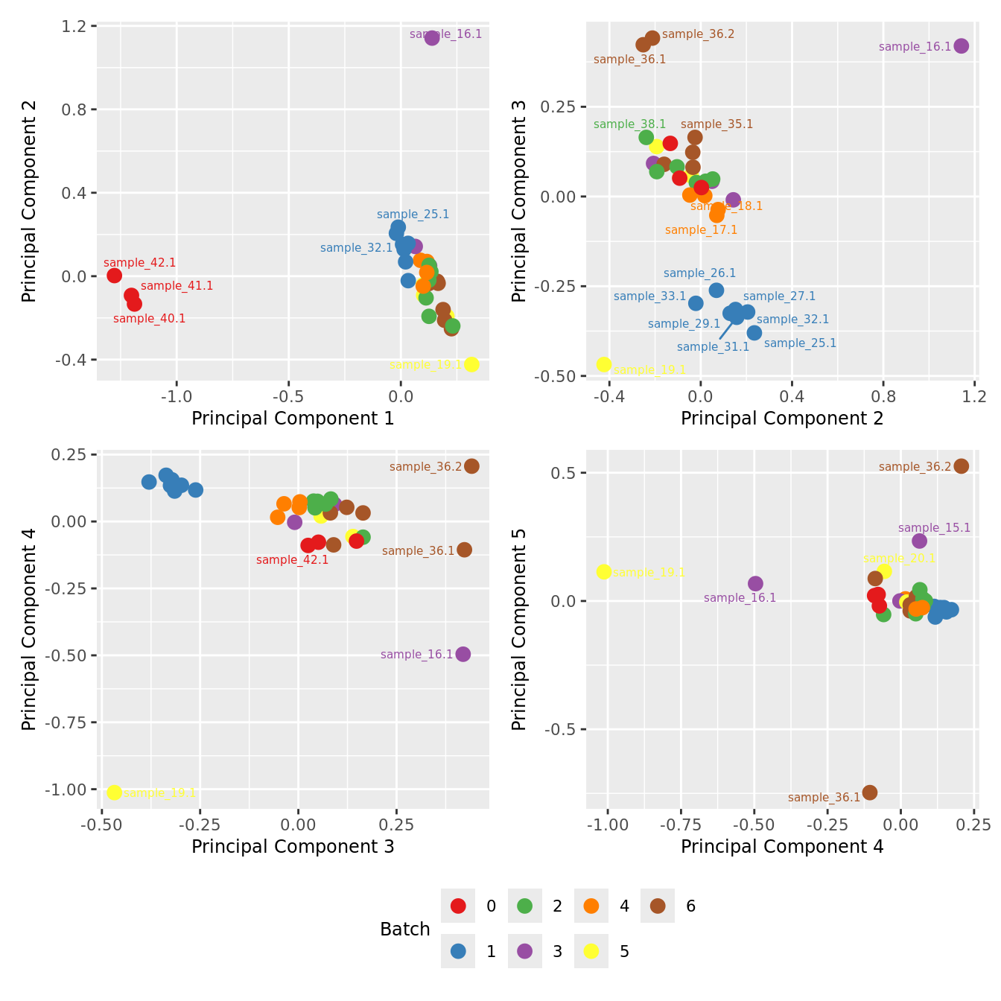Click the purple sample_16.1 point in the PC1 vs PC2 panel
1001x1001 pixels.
click(x=432, y=37)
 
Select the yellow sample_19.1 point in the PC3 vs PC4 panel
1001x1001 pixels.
click(x=114, y=792)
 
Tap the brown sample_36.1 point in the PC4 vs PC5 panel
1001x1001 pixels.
click(x=870, y=792)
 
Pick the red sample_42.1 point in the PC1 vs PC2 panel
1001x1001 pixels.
click(x=115, y=276)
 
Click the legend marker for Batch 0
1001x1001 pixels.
click(x=458, y=906)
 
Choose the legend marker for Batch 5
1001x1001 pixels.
click(x=591, y=951)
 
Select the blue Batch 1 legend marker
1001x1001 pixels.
click(x=458, y=951)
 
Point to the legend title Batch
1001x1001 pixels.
click(x=405, y=929)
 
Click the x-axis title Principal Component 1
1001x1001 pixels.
click(x=293, y=419)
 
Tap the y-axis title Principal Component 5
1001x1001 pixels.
click(x=519, y=629)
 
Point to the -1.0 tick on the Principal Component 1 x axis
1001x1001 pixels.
click(x=177, y=396)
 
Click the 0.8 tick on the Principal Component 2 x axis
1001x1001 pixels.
click(x=883, y=396)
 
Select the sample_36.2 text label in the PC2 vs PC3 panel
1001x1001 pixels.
click(x=698, y=34)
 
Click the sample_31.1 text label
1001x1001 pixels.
click(x=713, y=347)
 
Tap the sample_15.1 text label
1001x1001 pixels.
click(x=935, y=528)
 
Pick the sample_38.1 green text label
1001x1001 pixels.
click(x=629, y=124)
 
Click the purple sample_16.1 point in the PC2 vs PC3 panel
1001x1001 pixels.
click(x=962, y=46)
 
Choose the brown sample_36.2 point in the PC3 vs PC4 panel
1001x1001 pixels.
click(x=471, y=466)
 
